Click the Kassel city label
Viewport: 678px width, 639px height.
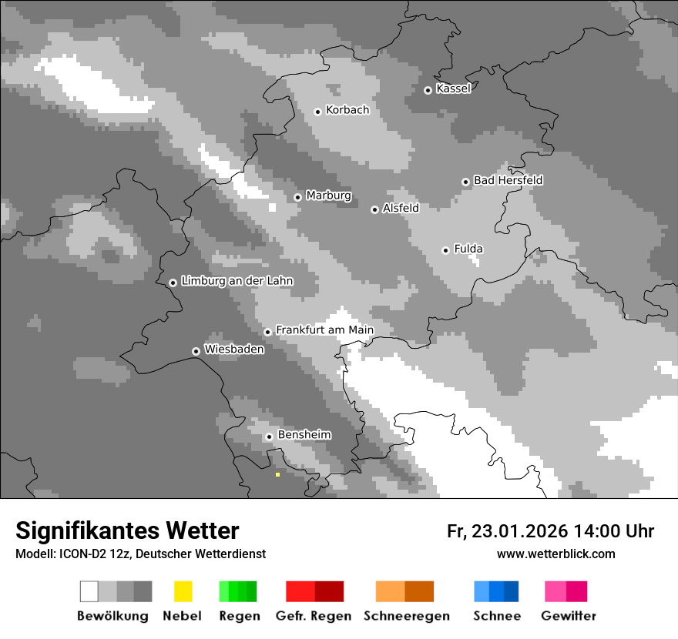click(x=453, y=89)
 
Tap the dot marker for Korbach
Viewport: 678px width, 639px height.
click(x=317, y=112)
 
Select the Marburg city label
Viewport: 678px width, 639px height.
click(x=328, y=196)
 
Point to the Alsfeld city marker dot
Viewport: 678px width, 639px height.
click(x=374, y=209)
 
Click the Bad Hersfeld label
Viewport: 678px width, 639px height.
click(x=508, y=180)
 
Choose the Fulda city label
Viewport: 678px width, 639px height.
click(x=468, y=249)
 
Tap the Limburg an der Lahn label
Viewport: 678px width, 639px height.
click(x=237, y=281)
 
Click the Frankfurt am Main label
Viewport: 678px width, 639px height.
click(x=324, y=330)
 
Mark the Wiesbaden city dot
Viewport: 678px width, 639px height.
click(x=196, y=351)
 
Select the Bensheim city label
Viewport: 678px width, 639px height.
click(x=304, y=435)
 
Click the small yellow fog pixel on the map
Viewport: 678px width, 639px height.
click(x=277, y=474)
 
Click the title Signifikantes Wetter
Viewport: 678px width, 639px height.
click(x=127, y=530)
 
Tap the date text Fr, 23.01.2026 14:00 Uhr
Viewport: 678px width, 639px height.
click(x=550, y=531)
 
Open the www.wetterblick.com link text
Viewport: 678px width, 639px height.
click(x=555, y=554)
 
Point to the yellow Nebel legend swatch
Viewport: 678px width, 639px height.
click(x=183, y=591)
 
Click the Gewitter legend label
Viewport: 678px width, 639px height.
click(x=568, y=616)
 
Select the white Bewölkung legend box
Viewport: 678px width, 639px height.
click(x=89, y=591)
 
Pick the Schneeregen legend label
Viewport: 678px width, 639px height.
click(x=407, y=616)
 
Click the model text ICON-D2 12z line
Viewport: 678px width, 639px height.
click(x=140, y=554)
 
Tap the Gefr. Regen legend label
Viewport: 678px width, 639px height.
click(x=314, y=616)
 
